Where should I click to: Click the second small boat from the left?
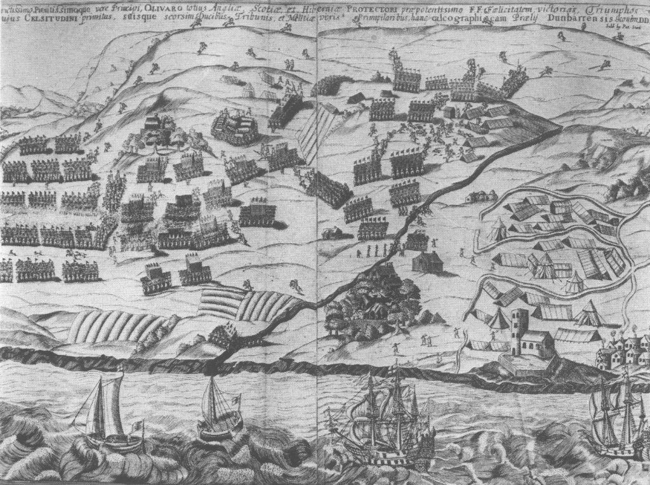click(x=219, y=409)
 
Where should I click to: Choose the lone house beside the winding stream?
click(x=427, y=261)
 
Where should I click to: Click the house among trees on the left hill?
click(x=156, y=126)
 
